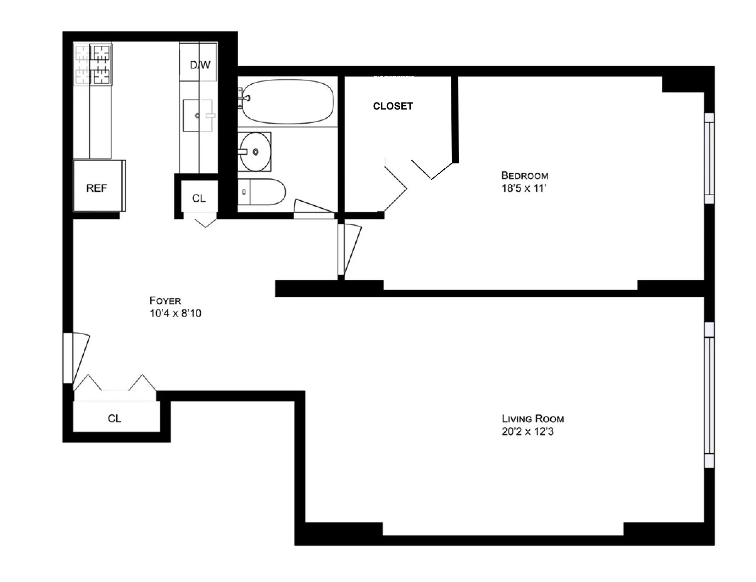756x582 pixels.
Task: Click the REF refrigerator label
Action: pos(96,188)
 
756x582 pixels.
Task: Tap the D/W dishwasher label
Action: pos(200,65)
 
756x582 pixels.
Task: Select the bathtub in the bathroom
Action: pos(287,102)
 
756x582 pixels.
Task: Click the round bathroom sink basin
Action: pos(255,152)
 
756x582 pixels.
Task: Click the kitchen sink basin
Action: pos(198,116)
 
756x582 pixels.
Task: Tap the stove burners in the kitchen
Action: pos(93,64)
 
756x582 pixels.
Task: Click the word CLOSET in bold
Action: pos(393,106)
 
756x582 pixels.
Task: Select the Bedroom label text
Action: pos(524,175)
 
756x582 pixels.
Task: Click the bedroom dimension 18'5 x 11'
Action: pos(524,188)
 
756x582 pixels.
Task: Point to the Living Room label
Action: pos(532,419)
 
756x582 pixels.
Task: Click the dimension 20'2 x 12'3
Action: pos(527,431)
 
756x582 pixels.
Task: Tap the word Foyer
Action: pos(165,301)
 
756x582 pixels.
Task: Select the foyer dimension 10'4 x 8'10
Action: pos(175,313)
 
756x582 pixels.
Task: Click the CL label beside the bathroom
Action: pos(199,198)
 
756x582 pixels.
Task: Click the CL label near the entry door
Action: pos(114,419)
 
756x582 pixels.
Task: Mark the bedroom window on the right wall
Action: pos(709,158)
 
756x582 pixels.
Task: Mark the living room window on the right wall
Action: pos(709,395)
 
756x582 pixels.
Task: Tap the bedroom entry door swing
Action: pos(349,250)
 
